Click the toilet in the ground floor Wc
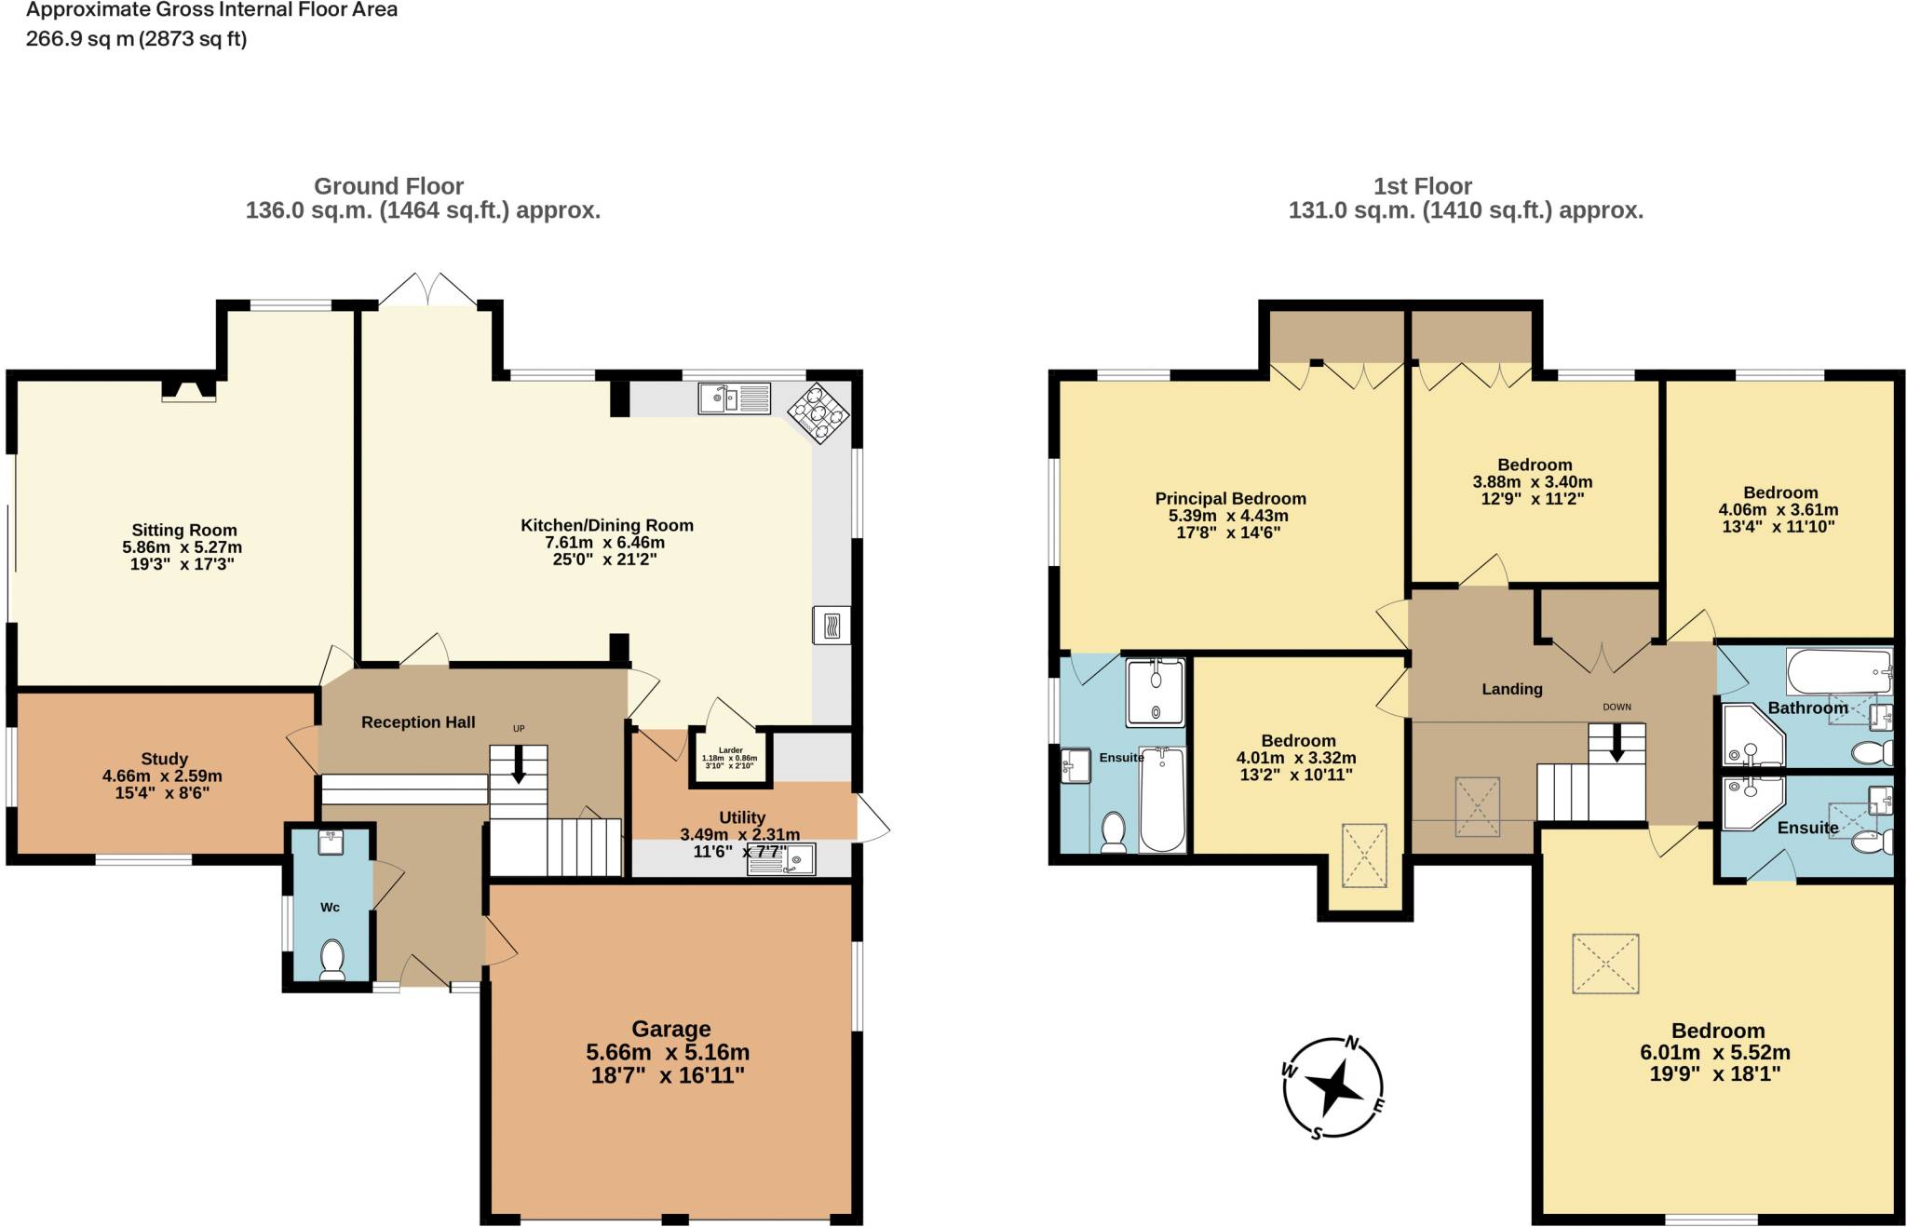coord(331,959)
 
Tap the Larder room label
coord(731,750)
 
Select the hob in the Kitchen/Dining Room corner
coord(818,412)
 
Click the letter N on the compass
coord(1352,1043)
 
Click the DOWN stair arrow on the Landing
coord(1617,743)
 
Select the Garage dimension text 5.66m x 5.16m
coord(668,1052)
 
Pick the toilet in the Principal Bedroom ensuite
coord(1114,831)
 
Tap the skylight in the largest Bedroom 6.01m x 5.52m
coord(1605,964)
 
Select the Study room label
coord(165,759)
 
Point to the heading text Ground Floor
coord(388,186)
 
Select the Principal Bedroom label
coord(1230,499)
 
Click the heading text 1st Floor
coord(1422,186)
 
